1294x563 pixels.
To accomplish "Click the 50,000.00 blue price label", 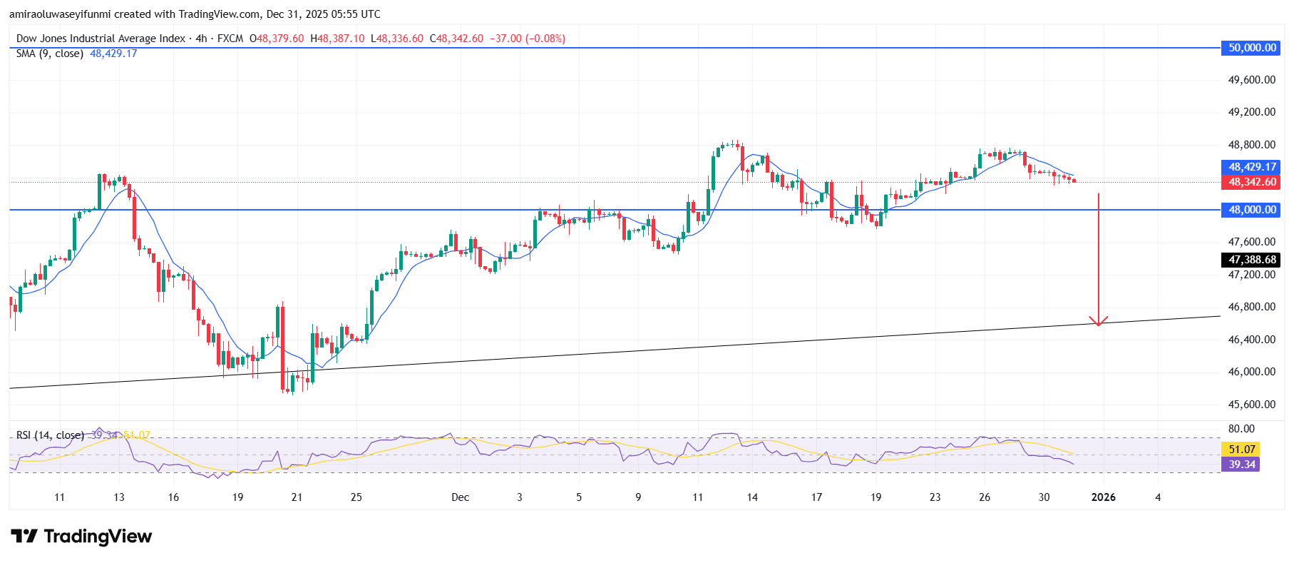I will (x=1251, y=48).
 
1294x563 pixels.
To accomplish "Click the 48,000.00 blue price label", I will (x=1251, y=210).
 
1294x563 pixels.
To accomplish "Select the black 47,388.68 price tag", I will (x=1251, y=260).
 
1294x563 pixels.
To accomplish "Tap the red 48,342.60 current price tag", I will (x=1251, y=182).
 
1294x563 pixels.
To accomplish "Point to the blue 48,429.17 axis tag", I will (x=1251, y=167).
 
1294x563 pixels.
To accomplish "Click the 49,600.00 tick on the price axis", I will (x=1251, y=80).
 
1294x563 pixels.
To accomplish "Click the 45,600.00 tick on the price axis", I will (x=1251, y=405).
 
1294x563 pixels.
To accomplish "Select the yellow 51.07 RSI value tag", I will (x=1241, y=449).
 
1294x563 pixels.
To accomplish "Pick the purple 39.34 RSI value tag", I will (x=1241, y=465).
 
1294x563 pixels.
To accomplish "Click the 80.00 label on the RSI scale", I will (x=1241, y=429).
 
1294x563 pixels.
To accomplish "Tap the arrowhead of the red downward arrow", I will (x=1098, y=322).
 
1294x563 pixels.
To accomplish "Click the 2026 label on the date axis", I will (x=1103, y=497).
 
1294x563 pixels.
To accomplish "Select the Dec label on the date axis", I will (x=460, y=497).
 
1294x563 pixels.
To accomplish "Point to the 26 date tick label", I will (x=984, y=497).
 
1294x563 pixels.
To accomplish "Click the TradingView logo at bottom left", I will (x=81, y=537).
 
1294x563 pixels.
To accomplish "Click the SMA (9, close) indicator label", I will (x=50, y=54).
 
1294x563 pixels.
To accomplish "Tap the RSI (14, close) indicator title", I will (x=50, y=435).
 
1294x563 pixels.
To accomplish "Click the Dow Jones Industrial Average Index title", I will (x=101, y=39).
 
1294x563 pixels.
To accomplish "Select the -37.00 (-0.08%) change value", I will (x=528, y=39).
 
